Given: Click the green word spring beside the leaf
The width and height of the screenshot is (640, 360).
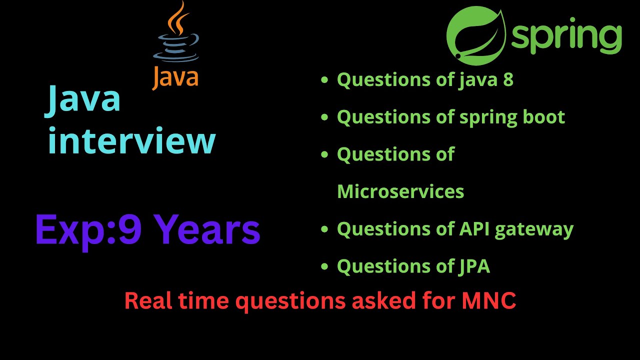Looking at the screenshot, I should [566, 37].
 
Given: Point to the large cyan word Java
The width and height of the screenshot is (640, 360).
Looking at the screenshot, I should [84, 99].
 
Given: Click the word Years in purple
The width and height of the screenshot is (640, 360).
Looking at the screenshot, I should [206, 229].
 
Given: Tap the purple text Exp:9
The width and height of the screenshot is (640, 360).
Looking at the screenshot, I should [89, 229].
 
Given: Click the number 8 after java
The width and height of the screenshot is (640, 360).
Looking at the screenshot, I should [508, 79].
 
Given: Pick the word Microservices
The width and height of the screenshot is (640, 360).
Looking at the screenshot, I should [400, 191].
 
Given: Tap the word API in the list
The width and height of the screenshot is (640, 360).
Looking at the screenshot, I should [470, 229].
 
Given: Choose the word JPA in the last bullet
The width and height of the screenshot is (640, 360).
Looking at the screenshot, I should [473, 266].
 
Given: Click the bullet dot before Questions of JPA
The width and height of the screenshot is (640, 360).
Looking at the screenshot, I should [325, 267].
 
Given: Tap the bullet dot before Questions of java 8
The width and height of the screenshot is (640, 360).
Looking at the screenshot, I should [325, 80].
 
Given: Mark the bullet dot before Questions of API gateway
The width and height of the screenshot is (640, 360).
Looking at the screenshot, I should [325, 229].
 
